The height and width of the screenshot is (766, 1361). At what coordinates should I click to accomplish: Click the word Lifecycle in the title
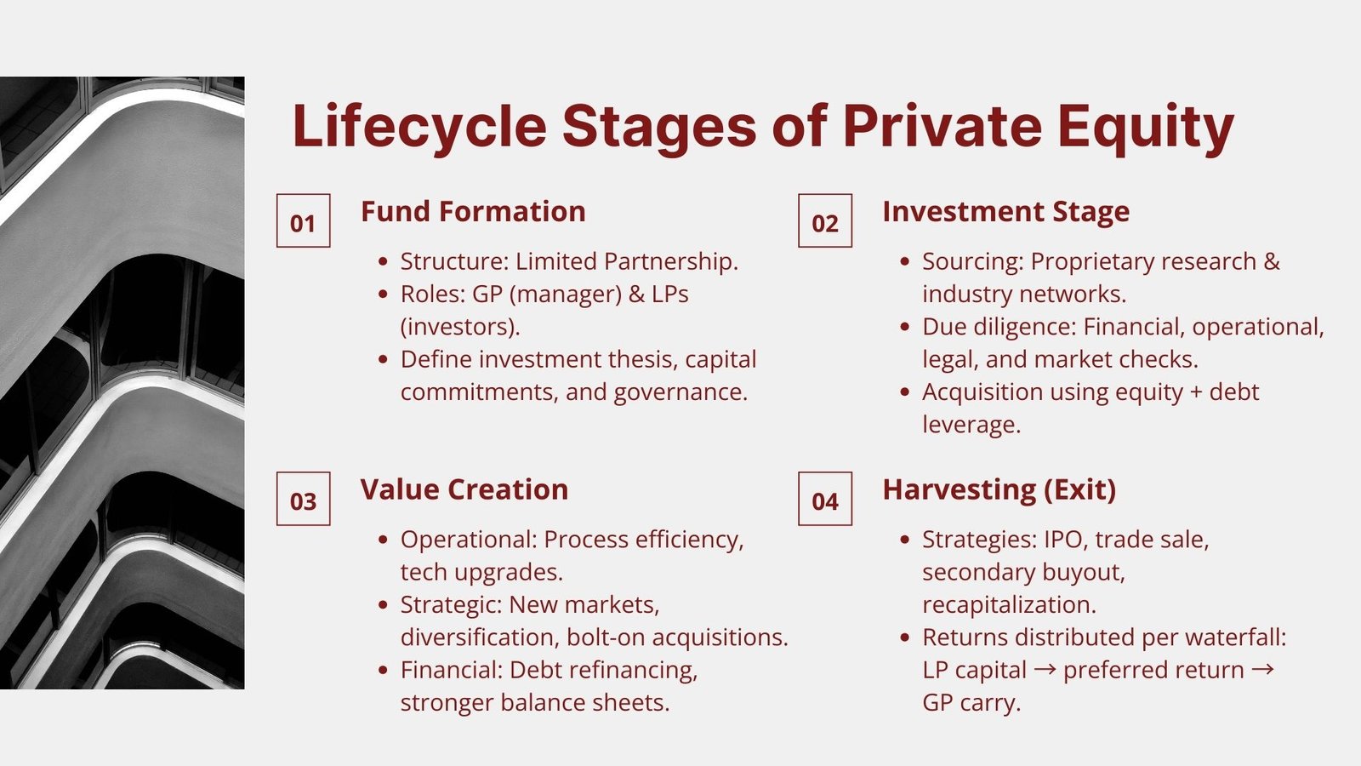point(420,127)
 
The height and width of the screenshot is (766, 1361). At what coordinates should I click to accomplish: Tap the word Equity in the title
point(1146,129)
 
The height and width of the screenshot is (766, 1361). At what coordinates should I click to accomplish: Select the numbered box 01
point(303,220)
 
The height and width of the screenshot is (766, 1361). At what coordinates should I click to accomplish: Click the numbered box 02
point(825,220)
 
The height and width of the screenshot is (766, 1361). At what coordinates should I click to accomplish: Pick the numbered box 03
point(303,499)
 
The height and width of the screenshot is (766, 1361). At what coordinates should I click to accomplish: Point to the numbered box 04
point(825,499)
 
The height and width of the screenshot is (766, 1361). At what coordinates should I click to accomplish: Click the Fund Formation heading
point(473,212)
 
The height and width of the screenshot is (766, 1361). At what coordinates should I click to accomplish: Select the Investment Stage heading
point(1006,213)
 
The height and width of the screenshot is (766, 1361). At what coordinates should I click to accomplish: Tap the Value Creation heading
point(464,489)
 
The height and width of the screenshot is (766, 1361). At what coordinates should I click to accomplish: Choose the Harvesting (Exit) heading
point(999,490)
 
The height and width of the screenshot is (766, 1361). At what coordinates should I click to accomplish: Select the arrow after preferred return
point(1262,670)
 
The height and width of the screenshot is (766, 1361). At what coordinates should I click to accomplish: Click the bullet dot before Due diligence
point(905,327)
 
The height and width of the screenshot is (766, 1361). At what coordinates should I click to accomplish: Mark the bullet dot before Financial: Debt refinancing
point(383,670)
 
